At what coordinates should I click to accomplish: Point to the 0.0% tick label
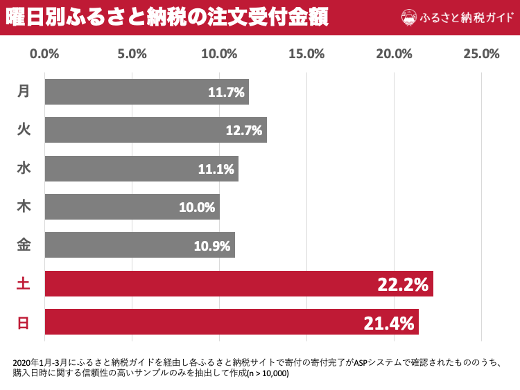pyautogui.click(x=45, y=54)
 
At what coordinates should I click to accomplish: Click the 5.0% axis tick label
pyautogui.click(x=132, y=54)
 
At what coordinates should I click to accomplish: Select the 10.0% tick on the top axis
pyautogui.click(x=220, y=54)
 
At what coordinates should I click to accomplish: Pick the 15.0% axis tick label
pyautogui.click(x=306, y=54)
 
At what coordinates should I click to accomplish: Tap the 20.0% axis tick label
pyautogui.click(x=394, y=54)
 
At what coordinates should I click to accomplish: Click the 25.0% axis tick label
pyautogui.click(x=481, y=54)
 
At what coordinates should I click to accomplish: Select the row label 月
pyautogui.click(x=24, y=91)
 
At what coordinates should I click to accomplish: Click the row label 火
pyautogui.click(x=24, y=130)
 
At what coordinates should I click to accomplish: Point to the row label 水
pyautogui.click(x=24, y=168)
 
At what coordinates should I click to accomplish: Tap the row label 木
pyautogui.click(x=24, y=206)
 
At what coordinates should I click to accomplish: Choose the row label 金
pyautogui.click(x=24, y=245)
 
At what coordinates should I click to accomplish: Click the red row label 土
pyautogui.click(x=24, y=283)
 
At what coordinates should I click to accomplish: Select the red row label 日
pyautogui.click(x=24, y=322)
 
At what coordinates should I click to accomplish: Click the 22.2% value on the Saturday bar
pyautogui.click(x=403, y=284)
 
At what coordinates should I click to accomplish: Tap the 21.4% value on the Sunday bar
pyautogui.click(x=388, y=323)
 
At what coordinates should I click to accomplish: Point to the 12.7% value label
pyautogui.click(x=244, y=130)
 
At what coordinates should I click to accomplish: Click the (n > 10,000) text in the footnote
pyautogui.click(x=268, y=373)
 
